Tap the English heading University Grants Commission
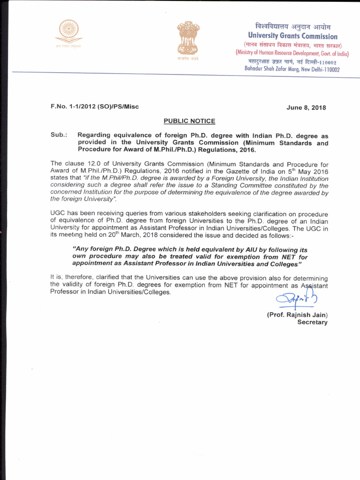[292, 36]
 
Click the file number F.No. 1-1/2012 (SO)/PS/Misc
[95, 106]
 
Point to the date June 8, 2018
[306, 107]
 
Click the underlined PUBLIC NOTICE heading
[189, 121]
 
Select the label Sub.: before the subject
[59, 135]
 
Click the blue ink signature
[291, 297]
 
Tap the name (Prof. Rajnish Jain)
[297, 315]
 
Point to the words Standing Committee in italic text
[251, 186]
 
